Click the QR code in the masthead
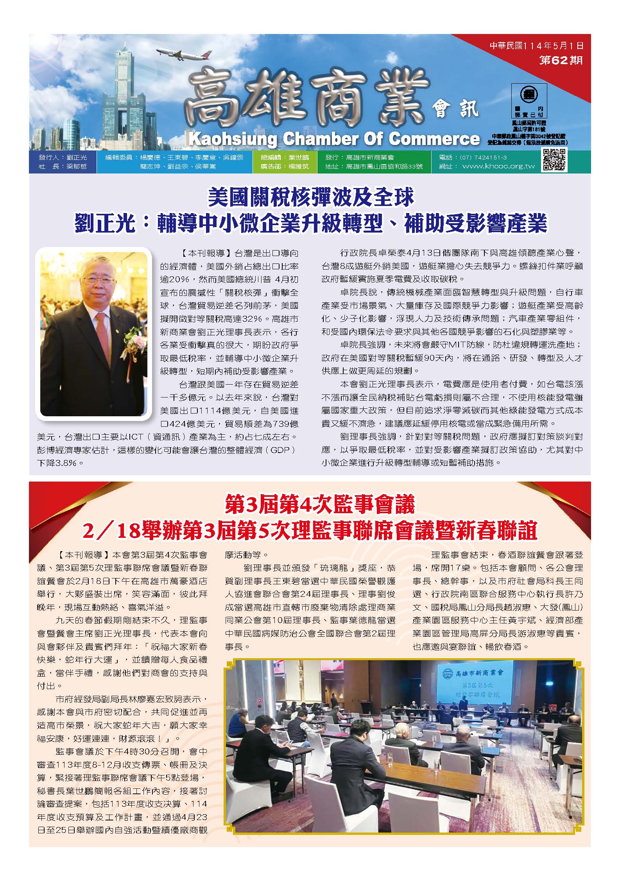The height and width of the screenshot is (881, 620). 554,160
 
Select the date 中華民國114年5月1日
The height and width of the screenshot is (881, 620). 537,46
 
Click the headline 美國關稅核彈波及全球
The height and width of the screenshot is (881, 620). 311,198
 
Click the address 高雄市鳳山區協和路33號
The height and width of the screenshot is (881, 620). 384,167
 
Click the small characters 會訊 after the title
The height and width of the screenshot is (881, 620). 455,109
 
